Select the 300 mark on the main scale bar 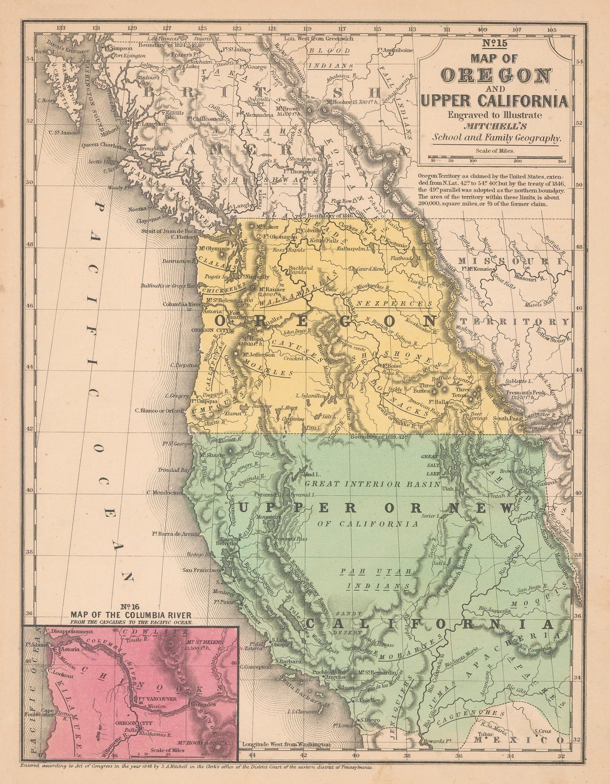click(562, 161)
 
